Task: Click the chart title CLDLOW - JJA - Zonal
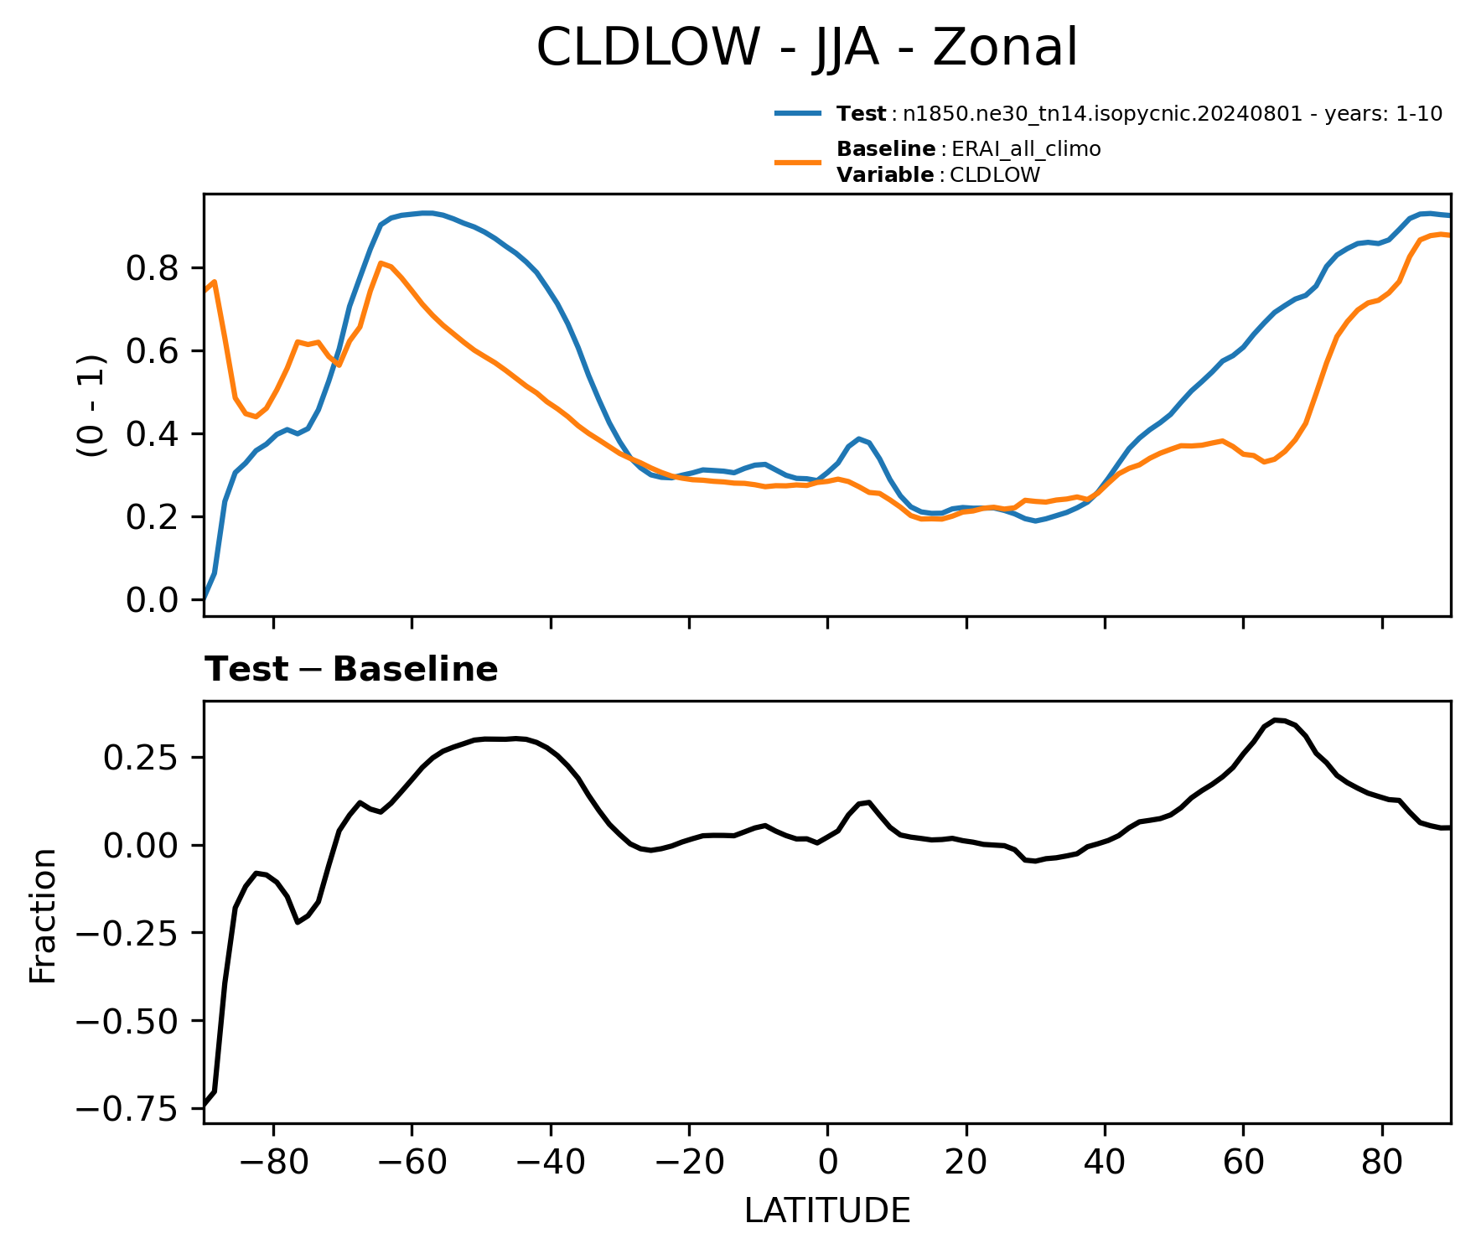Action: point(806,48)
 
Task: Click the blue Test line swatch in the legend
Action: point(799,113)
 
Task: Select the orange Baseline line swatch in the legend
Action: point(799,162)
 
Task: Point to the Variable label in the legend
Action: point(885,175)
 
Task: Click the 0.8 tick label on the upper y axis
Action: point(153,268)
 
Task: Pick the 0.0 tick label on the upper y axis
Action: point(153,600)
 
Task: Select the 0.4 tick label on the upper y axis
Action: point(153,434)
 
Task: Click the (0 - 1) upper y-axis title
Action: point(91,406)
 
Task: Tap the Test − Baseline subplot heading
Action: point(351,670)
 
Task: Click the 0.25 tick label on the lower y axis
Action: point(141,758)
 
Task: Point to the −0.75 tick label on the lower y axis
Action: point(128,1109)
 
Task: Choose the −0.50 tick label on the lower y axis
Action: point(128,1021)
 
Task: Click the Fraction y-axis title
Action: point(43,915)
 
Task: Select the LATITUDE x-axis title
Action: point(827,1211)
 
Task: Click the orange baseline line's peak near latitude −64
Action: point(381,263)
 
